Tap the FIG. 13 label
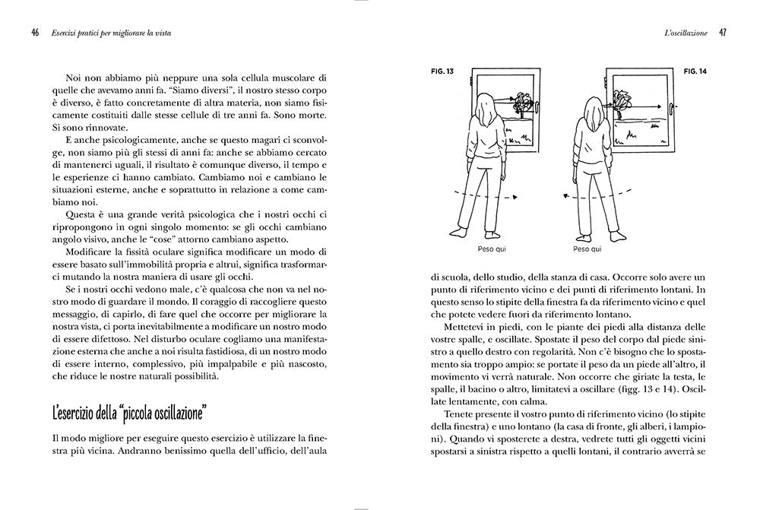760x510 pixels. click(442, 71)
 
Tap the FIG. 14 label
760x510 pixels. click(695, 71)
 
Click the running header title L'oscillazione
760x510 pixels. click(686, 33)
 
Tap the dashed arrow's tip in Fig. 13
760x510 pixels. click(515, 198)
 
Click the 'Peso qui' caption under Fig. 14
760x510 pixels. click(587, 249)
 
